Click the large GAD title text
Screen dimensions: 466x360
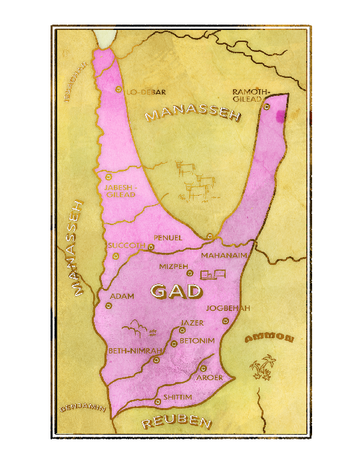click(176, 291)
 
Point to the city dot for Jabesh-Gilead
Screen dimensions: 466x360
click(108, 177)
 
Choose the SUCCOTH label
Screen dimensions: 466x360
click(126, 246)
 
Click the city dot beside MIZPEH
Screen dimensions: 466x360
click(190, 273)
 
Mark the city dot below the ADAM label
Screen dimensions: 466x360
click(108, 306)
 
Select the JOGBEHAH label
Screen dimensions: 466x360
click(228, 308)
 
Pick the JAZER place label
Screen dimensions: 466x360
click(192, 323)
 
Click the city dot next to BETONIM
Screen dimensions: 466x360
click(174, 344)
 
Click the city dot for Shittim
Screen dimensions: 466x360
click(158, 401)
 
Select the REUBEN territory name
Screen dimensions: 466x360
click(177, 422)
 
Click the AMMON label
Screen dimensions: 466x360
click(270, 339)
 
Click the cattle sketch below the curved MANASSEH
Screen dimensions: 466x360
click(196, 180)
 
